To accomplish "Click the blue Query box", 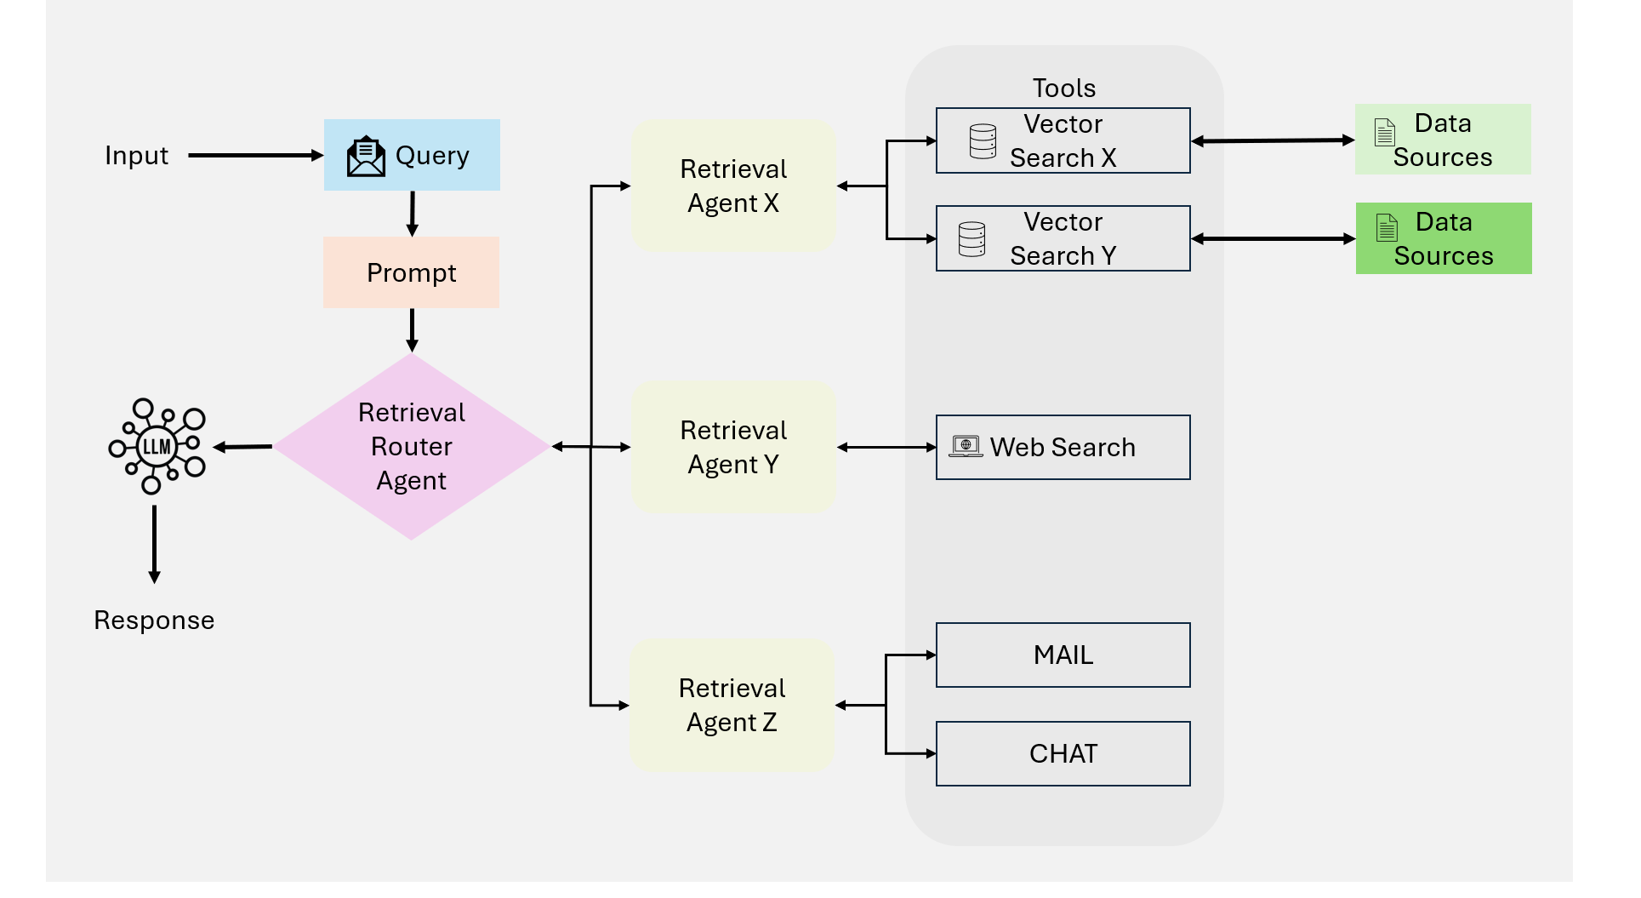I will pyautogui.click(x=412, y=155).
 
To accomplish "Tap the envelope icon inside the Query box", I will pyautogui.click(x=366, y=157).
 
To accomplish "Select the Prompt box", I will pyautogui.click(x=411, y=272).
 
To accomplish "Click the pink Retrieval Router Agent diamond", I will pyautogui.click(x=411, y=447).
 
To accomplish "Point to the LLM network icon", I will pyautogui.click(x=157, y=446).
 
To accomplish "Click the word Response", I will pyautogui.click(x=154, y=621).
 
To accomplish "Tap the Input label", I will pyautogui.click(x=136, y=156).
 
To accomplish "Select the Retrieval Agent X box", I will pyautogui.click(x=732, y=186).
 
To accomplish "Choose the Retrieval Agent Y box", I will pyautogui.click(x=732, y=447).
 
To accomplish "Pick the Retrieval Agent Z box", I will pyautogui.click(x=732, y=705).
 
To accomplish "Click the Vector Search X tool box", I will pyautogui.click(x=1063, y=140).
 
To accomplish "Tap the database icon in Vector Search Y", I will pyautogui.click(x=971, y=239).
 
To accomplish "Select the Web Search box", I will pyautogui.click(x=1063, y=447).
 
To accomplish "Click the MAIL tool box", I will pyautogui.click(x=1063, y=655).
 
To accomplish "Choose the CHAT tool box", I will pyautogui.click(x=1063, y=753).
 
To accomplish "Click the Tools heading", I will pyautogui.click(x=1063, y=88).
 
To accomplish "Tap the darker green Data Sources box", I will pyautogui.click(x=1443, y=238).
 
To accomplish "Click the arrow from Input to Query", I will pyautogui.click(x=255, y=156).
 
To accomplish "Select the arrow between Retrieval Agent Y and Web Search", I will pyautogui.click(x=886, y=447).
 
